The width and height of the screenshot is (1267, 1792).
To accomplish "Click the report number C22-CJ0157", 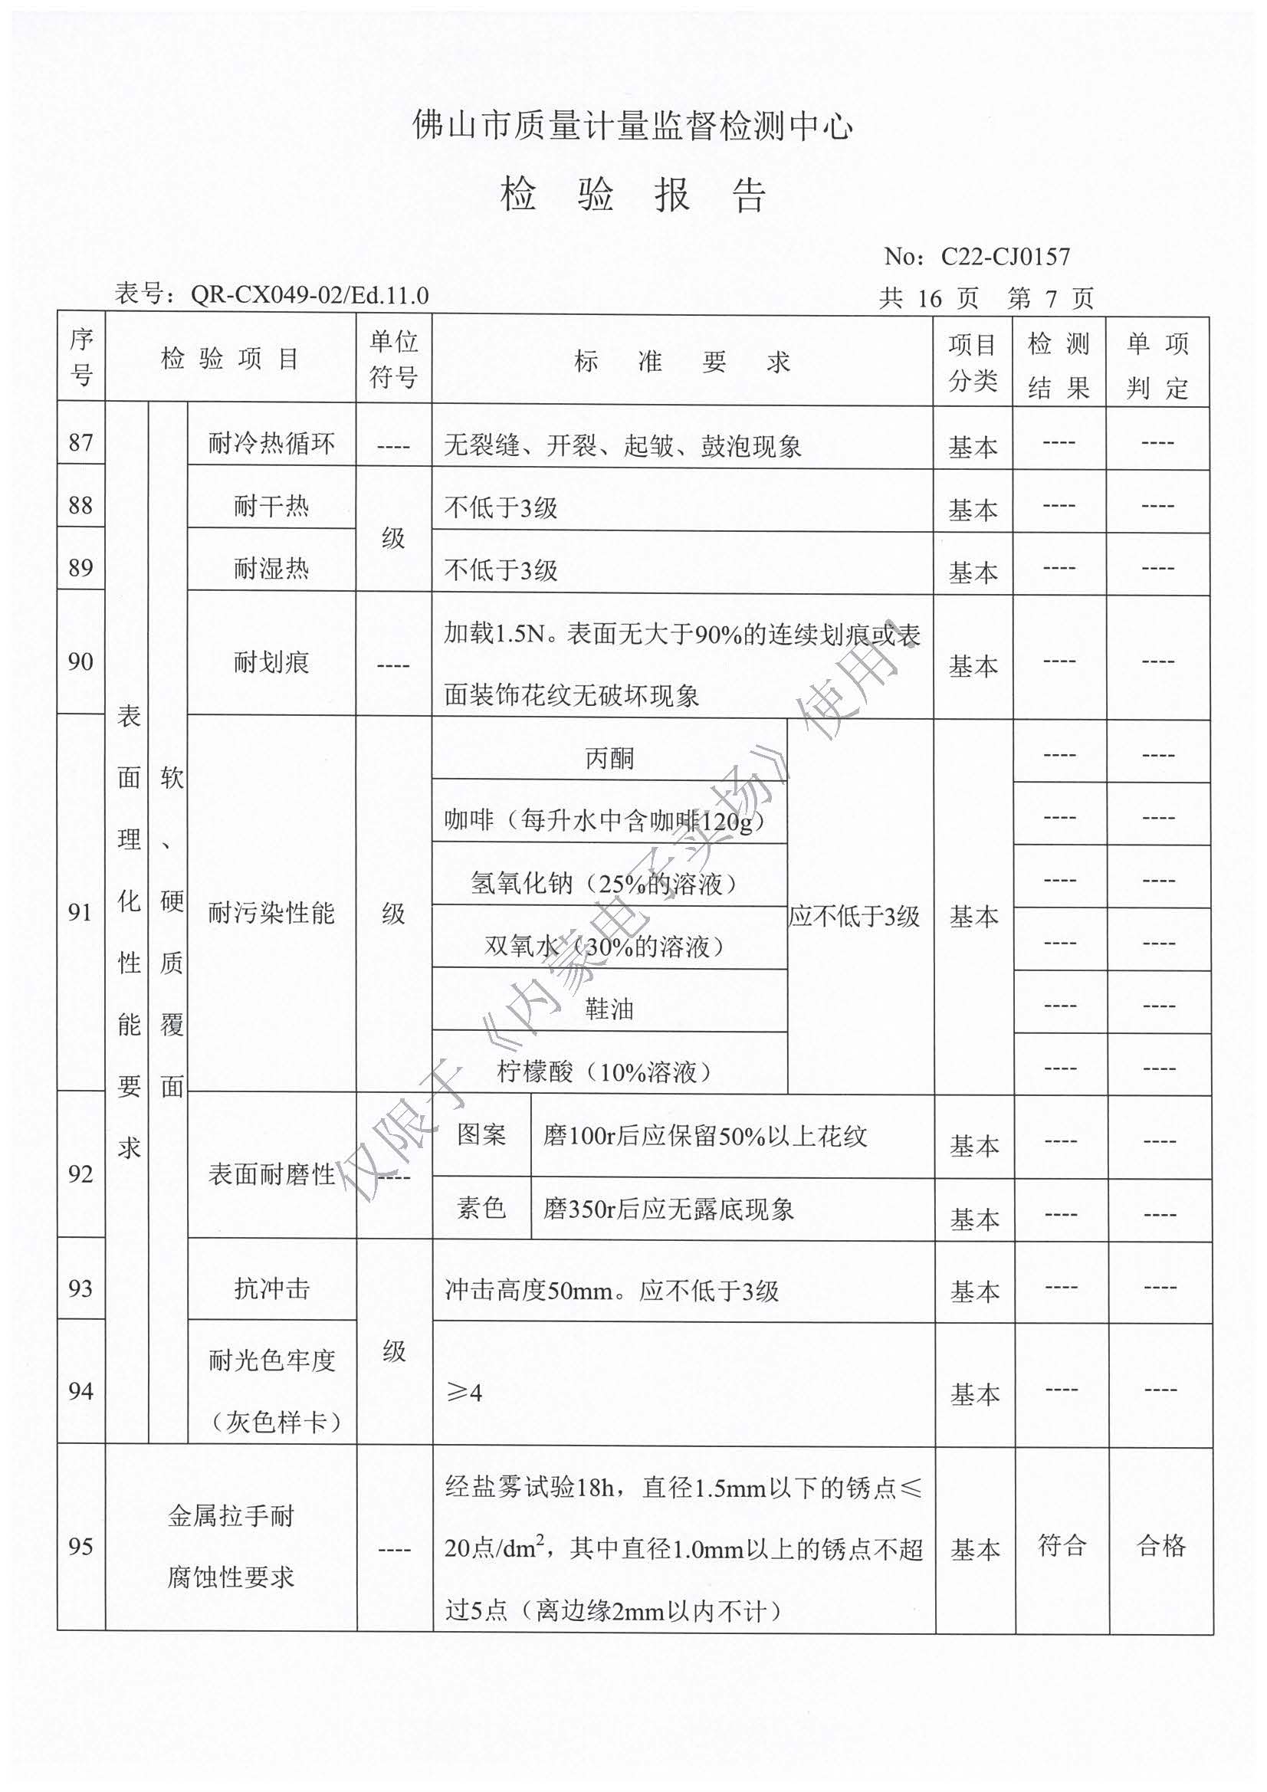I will click(1005, 256).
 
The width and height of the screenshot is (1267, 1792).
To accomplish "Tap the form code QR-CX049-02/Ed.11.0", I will click(309, 295).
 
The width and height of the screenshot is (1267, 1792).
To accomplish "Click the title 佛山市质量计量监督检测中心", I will click(632, 126).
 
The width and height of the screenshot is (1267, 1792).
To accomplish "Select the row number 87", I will click(80, 442).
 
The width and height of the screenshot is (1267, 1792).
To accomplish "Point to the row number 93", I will click(80, 1288).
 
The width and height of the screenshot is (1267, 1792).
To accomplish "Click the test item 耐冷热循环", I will click(271, 443).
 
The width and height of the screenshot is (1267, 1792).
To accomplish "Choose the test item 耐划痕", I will click(271, 663).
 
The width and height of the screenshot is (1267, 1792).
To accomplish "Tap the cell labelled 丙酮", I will click(609, 758).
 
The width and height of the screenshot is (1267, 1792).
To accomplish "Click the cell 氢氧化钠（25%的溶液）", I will click(604, 883).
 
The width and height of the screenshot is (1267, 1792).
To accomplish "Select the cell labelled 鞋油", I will click(609, 1009).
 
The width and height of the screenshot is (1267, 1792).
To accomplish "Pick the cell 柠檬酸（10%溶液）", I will click(604, 1072).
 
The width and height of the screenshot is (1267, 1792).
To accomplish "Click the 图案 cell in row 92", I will click(481, 1135).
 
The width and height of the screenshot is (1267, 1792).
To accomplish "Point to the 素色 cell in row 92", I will click(481, 1208).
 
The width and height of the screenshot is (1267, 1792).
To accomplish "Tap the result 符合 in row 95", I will click(1061, 1544).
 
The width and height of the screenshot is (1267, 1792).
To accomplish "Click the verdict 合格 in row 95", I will click(1160, 1544).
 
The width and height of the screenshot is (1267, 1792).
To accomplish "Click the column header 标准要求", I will click(681, 361).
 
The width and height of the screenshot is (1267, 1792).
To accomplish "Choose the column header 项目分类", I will click(973, 361).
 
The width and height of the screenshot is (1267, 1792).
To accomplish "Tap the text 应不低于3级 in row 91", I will click(854, 915).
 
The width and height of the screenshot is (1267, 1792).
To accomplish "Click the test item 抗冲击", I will click(271, 1288).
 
